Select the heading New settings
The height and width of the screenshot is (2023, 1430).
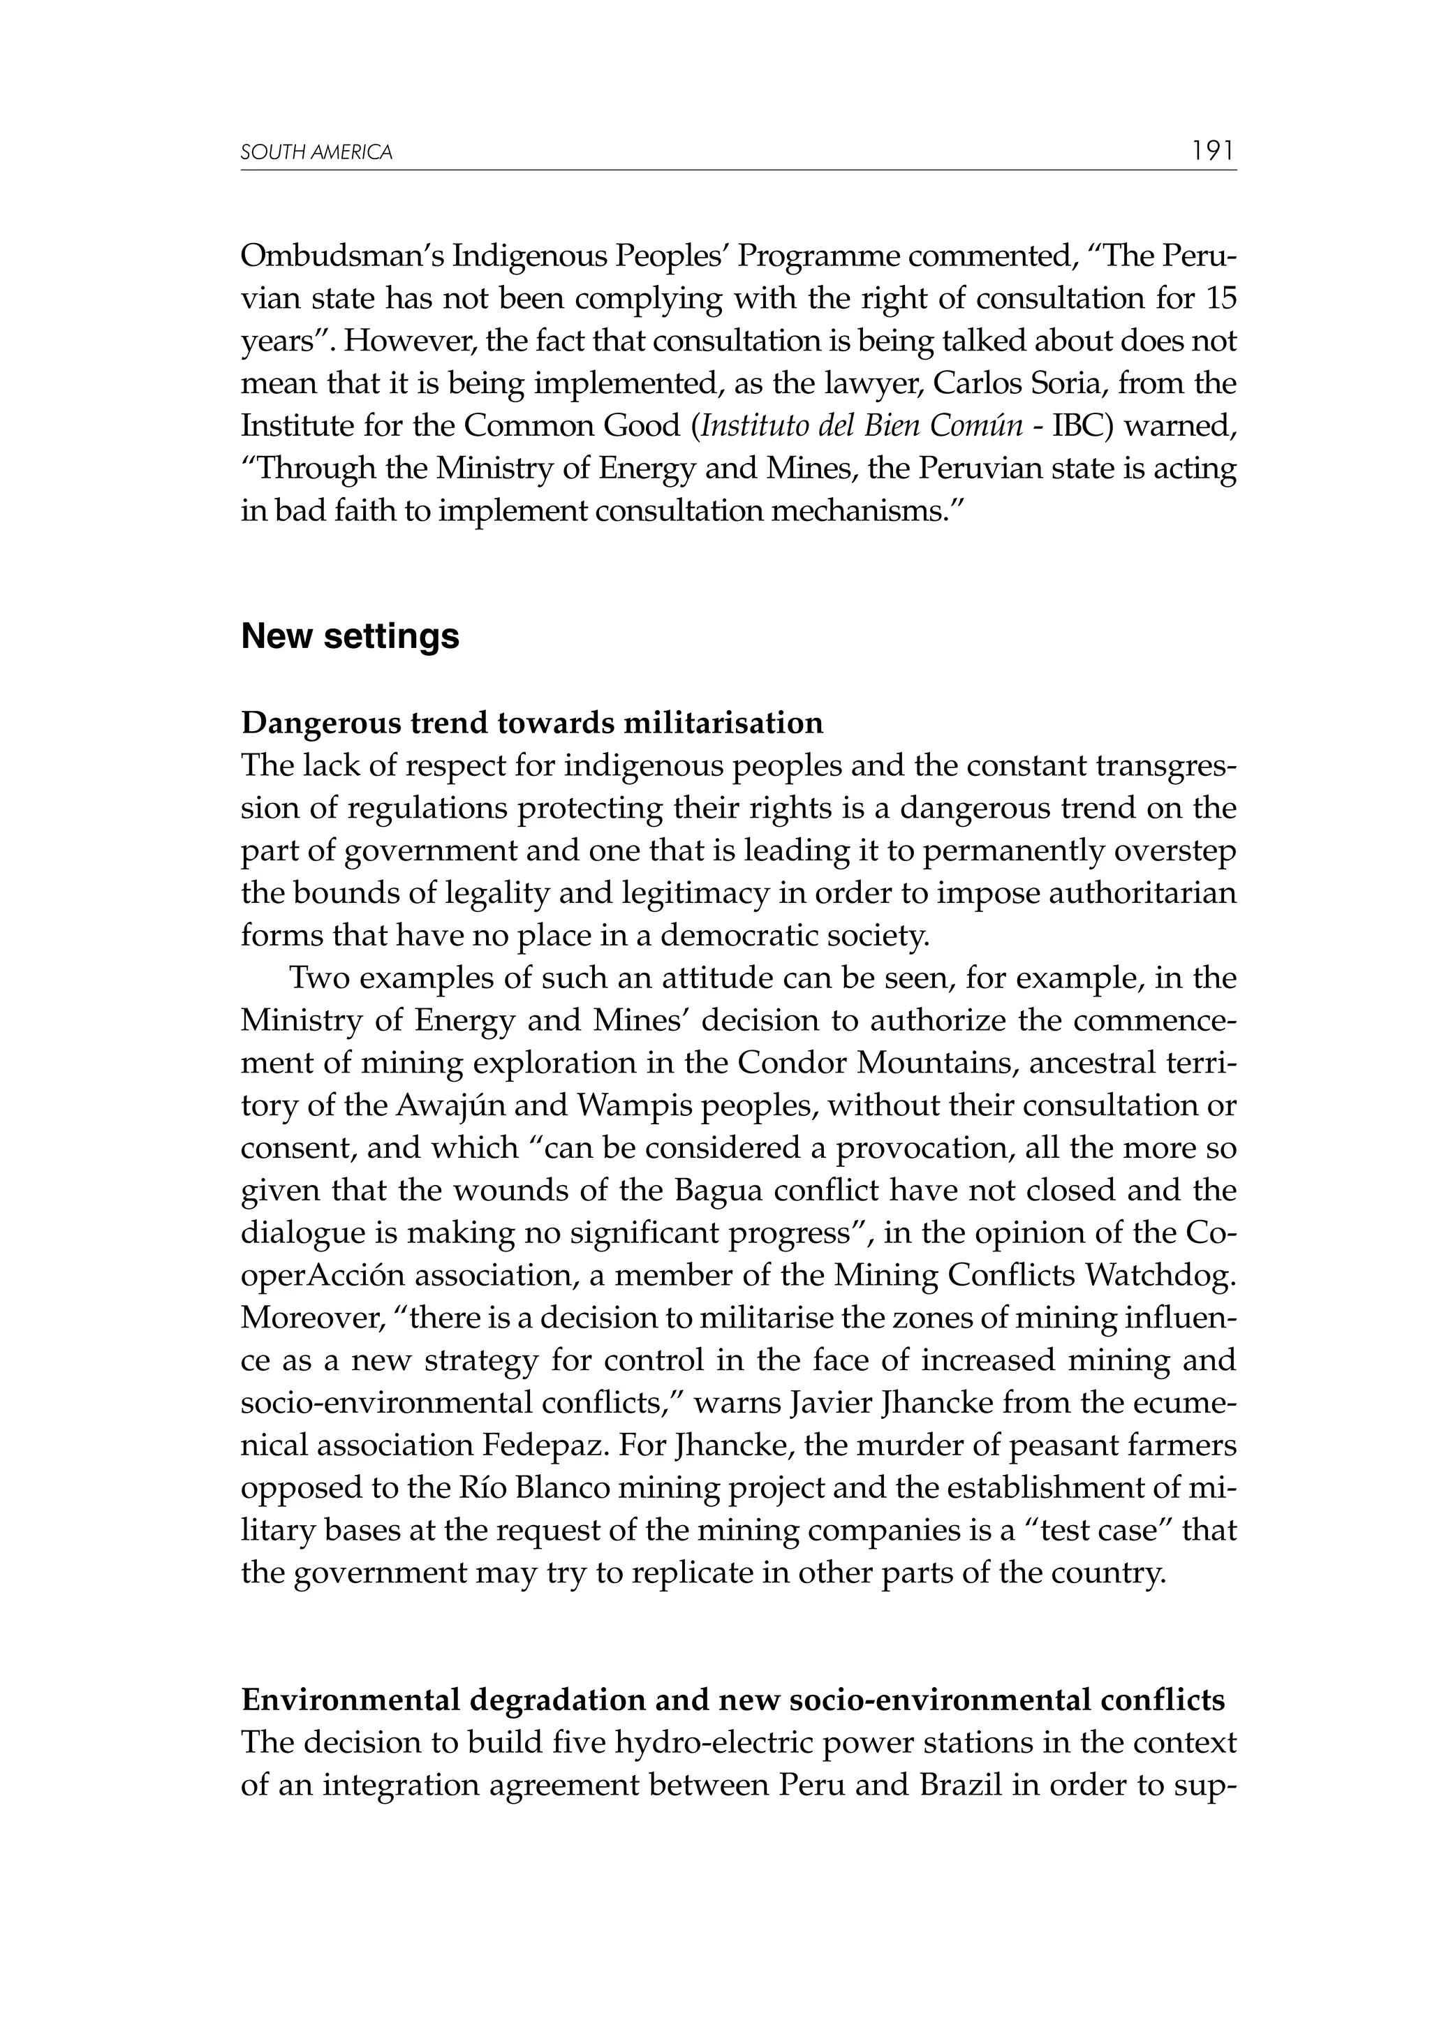tap(350, 636)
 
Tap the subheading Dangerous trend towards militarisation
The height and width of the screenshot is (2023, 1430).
tap(532, 723)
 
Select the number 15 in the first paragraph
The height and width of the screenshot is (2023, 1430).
tap(1221, 299)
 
